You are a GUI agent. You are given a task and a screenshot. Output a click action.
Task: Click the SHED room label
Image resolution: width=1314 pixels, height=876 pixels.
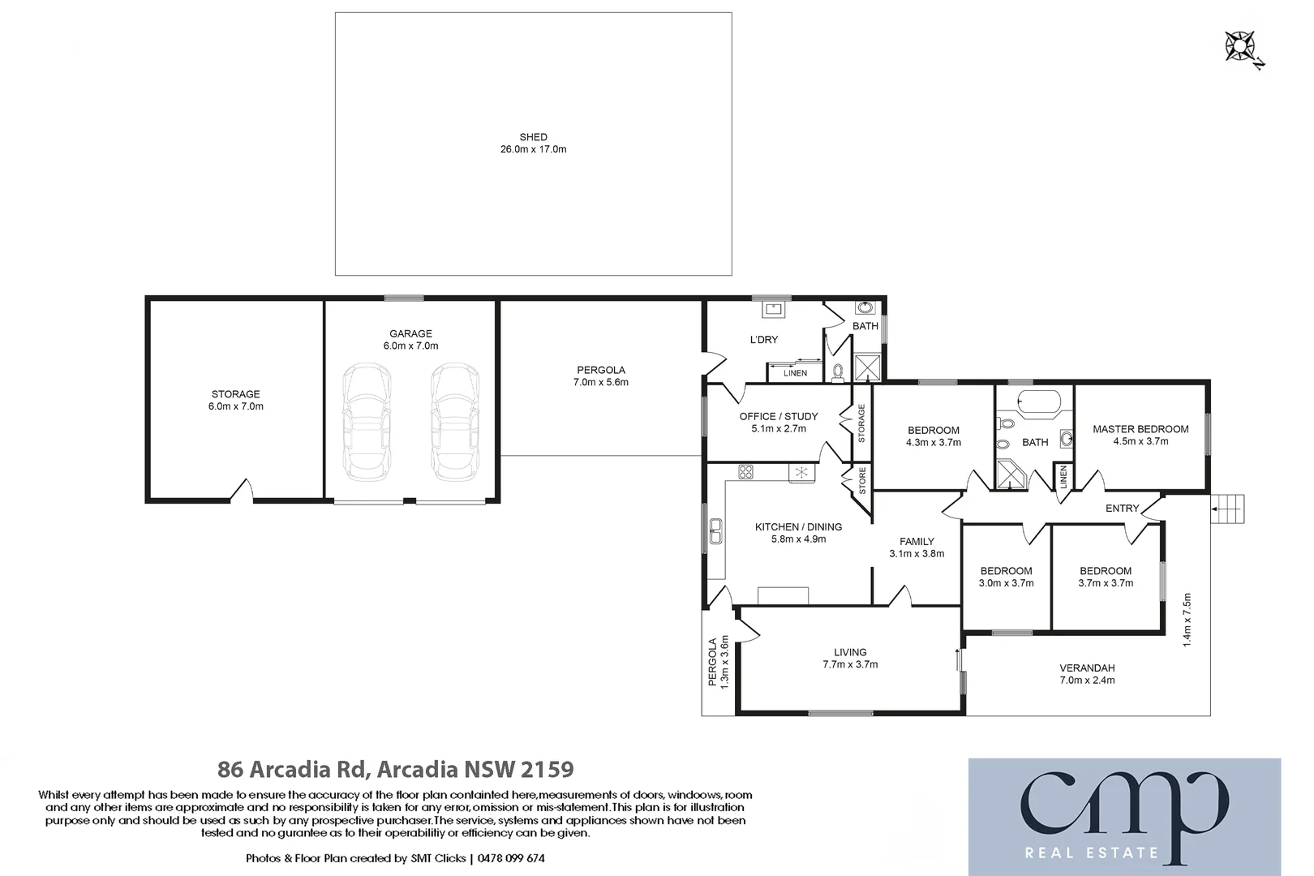pyautogui.click(x=533, y=137)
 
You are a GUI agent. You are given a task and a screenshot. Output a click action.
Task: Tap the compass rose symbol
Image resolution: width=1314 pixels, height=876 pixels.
pyautogui.click(x=1240, y=46)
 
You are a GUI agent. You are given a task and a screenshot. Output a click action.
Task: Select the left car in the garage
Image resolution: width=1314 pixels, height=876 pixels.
pyautogui.click(x=367, y=422)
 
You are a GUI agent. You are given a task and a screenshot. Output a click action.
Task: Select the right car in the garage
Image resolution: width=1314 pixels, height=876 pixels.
pyautogui.click(x=455, y=422)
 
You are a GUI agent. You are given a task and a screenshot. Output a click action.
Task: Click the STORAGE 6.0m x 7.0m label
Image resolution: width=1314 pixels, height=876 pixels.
pyautogui.click(x=236, y=400)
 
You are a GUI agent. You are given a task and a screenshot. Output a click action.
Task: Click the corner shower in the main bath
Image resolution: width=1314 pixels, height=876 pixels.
pyautogui.click(x=1010, y=474)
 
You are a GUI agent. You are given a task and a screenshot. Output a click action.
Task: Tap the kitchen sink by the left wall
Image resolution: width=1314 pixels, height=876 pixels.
pyautogui.click(x=715, y=530)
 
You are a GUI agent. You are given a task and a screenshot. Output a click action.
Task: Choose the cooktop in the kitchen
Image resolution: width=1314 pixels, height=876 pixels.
pyautogui.click(x=745, y=471)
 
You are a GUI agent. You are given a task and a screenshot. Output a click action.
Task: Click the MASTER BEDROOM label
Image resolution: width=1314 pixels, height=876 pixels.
pyautogui.click(x=1140, y=429)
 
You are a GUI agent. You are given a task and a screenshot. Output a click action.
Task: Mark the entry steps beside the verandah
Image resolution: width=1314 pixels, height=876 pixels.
pyautogui.click(x=1228, y=509)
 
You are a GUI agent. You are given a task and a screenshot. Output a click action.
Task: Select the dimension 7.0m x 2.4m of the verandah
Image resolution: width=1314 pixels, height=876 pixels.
pyautogui.click(x=1087, y=681)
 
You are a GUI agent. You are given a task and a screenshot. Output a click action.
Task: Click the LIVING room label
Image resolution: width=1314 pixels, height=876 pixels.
pyautogui.click(x=850, y=652)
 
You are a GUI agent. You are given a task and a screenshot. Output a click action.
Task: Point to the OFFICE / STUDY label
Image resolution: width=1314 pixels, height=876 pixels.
pyautogui.click(x=779, y=416)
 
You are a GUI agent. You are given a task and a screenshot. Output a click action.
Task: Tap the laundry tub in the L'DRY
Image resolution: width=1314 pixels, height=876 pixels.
pyautogui.click(x=772, y=309)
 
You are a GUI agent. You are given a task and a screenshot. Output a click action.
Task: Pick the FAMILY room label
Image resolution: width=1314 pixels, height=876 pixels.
pyautogui.click(x=917, y=541)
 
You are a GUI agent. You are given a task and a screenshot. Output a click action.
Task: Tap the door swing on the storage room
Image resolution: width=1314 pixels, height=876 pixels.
pyautogui.click(x=242, y=491)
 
